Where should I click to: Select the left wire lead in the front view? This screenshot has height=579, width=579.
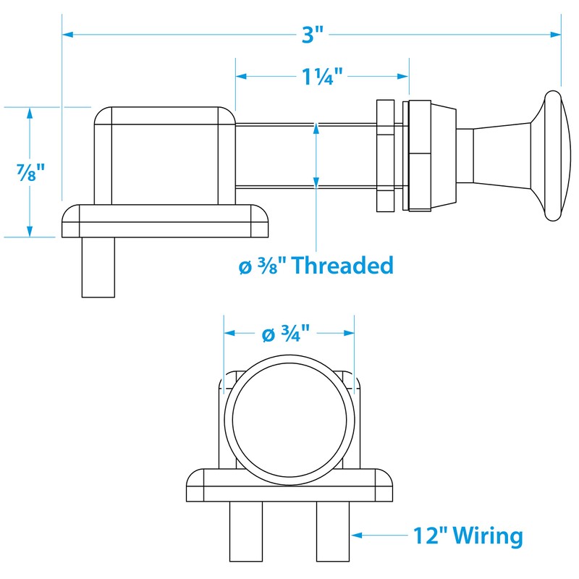[x=244, y=532]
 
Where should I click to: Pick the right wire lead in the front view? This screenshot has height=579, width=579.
[x=333, y=532]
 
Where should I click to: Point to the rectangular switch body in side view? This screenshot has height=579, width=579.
[x=164, y=155]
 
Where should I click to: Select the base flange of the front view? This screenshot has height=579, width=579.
[x=289, y=486]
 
